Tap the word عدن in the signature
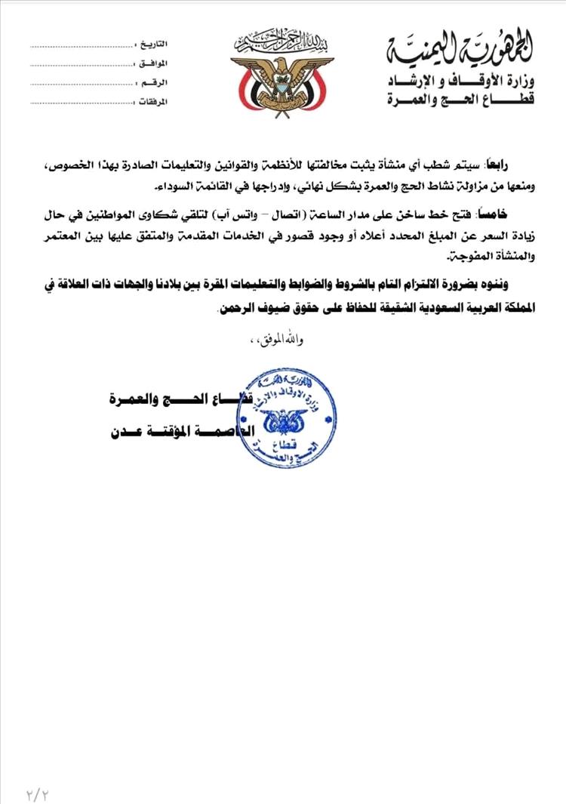coord(125,433)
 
